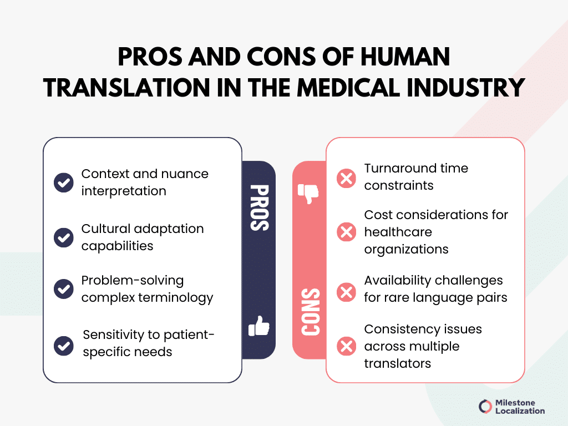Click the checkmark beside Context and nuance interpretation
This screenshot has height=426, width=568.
click(x=64, y=182)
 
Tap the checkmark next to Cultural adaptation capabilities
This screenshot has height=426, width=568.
click(x=64, y=237)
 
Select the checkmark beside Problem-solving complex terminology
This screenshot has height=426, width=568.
click(x=64, y=288)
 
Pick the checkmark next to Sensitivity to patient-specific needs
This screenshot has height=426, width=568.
click(x=64, y=346)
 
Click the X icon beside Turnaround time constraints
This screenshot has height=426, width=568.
click(x=346, y=178)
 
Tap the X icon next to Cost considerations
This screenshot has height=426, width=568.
click(x=346, y=232)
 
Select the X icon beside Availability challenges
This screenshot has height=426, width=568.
click(x=346, y=292)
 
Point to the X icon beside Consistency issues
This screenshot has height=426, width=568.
click(x=346, y=346)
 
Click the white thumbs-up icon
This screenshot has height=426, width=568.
click(x=259, y=326)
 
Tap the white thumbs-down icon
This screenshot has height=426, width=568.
click(x=308, y=194)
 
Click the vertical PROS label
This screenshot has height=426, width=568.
click(x=260, y=208)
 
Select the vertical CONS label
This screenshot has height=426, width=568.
click(x=311, y=312)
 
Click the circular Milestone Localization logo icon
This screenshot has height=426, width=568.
click(x=485, y=407)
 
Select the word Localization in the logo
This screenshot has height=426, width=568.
click(x=520, y=411)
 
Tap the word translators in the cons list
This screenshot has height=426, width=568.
click(x=397, y=363)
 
